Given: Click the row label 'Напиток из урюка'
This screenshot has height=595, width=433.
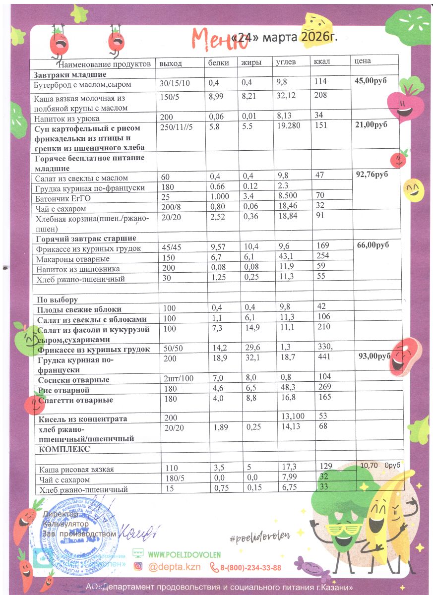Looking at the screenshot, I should pyautogui.click(x=66, y=119).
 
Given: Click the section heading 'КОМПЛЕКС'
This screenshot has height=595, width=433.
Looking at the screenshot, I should pyautogui.click(x=62, y=449).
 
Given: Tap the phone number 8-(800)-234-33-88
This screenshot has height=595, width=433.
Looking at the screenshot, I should pyautogui.click(x=245, y=568).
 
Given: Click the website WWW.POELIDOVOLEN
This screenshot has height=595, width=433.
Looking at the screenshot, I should pyautogui.click(x=185, y=554).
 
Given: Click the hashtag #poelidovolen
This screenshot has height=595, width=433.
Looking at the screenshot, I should pyautogui.click(x=259, y=535).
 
